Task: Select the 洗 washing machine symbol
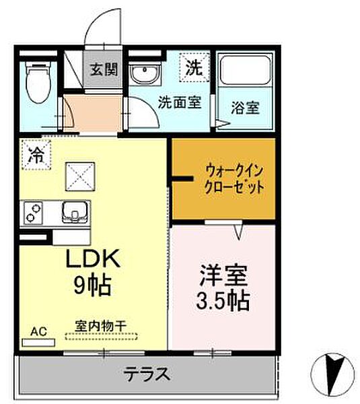tap(194, 67)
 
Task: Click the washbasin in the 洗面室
tap(143, 75)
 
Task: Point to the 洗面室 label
tap(179, 104)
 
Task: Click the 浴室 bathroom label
tap(246, 108)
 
